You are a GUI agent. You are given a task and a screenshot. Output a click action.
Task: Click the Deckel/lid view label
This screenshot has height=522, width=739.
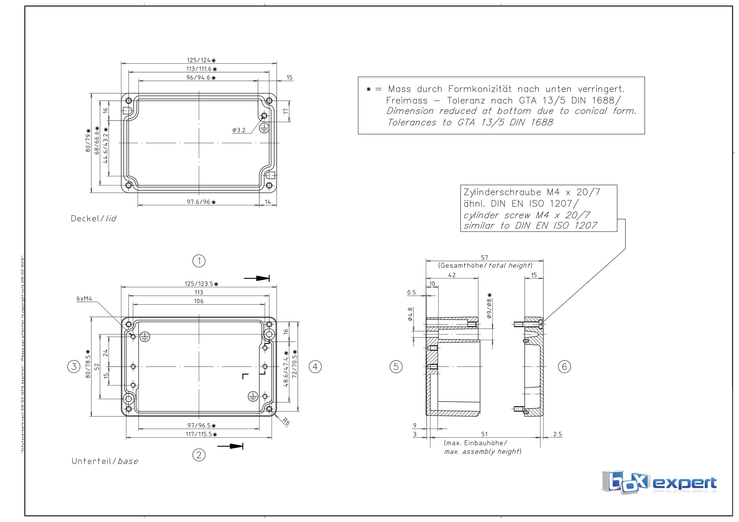93,219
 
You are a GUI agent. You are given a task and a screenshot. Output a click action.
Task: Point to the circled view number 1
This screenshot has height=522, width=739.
199,261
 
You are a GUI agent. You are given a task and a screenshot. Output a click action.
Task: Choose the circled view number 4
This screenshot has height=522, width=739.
315,367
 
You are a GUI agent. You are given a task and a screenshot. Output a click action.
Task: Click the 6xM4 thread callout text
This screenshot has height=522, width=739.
84,298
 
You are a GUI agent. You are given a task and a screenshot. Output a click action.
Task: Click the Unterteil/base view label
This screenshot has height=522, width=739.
105,461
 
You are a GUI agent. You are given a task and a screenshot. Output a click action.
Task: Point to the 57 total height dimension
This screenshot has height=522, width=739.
484,258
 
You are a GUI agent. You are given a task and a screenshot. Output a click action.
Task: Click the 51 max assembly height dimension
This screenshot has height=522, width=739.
484,434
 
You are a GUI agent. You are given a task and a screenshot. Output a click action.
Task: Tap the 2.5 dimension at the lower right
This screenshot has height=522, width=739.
557,434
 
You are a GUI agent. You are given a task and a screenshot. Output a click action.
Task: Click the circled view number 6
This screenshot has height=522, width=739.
564,367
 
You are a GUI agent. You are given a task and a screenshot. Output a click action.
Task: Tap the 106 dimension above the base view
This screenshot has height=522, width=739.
199,301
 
